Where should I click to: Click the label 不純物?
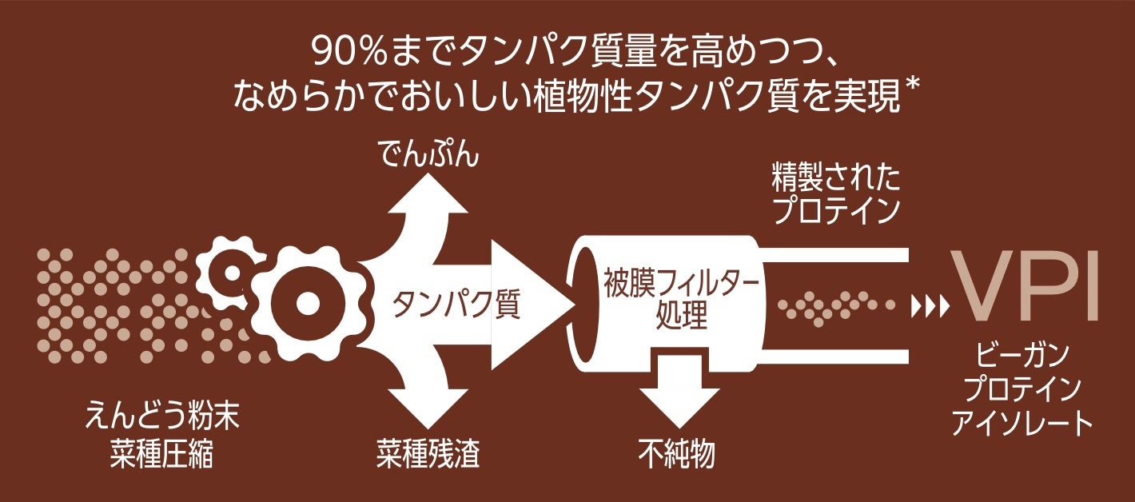coord(677,453)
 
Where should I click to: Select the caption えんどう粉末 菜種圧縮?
coord(162,436)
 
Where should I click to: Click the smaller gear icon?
coord(230,272)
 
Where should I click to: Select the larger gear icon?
coord(307,303)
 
